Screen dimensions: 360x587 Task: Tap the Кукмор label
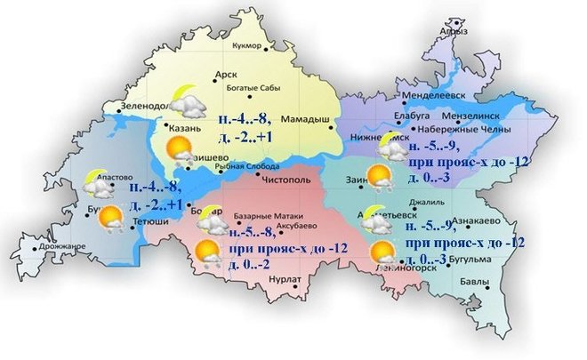tap(245, 45)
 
